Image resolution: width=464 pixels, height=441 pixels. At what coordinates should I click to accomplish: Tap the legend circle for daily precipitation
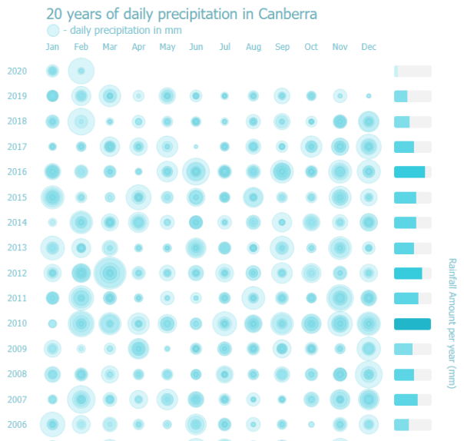52,31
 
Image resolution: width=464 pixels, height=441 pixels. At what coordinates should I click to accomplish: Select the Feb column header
81,48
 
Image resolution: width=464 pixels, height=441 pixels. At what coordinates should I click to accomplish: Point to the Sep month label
282,48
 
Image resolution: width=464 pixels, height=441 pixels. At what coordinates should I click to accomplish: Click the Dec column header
369,48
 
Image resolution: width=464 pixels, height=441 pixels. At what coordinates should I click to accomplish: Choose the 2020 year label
17,71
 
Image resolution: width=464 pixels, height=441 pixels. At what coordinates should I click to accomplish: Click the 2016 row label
17,172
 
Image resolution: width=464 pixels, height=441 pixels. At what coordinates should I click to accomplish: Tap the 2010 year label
17,323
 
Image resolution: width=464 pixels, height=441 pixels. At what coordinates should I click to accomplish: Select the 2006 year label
17,424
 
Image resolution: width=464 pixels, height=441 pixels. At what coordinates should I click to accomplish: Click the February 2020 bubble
81,71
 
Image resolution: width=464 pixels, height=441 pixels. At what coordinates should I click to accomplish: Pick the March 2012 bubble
110,273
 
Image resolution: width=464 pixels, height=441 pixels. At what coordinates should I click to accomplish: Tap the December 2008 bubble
369,374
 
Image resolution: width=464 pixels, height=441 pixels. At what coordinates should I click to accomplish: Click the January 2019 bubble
52,96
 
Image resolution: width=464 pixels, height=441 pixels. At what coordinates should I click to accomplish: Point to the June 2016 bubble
196,172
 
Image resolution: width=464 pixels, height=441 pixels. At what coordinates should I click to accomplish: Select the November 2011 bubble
340,298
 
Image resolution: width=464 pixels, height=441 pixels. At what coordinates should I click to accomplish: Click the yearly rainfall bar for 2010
412,323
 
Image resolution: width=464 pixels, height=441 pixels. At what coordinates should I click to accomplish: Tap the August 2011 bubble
254,298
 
